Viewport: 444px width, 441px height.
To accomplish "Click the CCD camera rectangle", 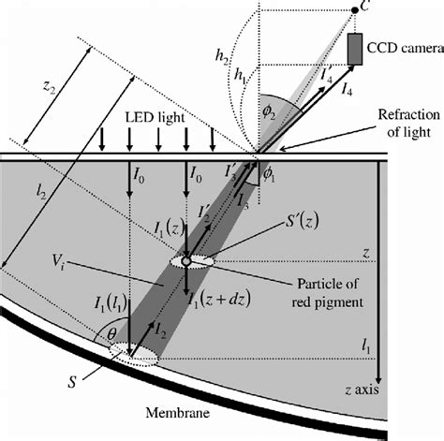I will [357, 50].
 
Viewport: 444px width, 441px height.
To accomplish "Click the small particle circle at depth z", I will [186, 260].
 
